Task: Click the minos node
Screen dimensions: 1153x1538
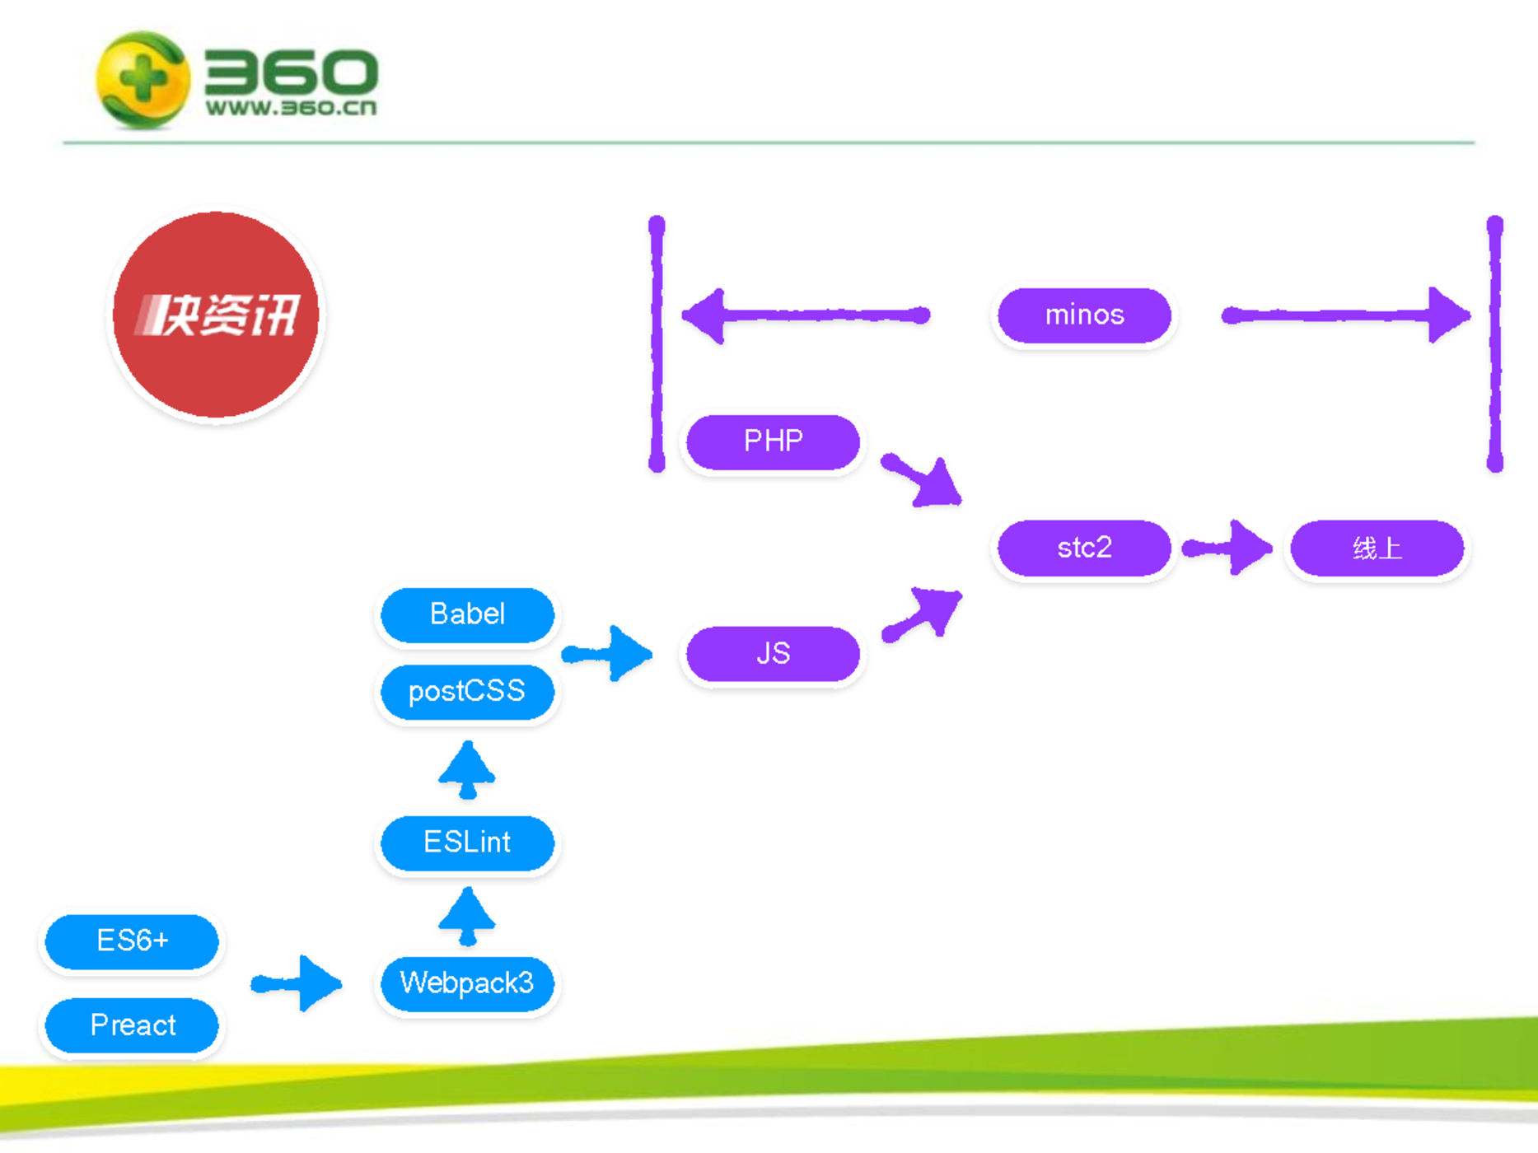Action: (x=1084, y=315)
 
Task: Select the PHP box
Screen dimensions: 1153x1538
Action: (x=773, y=442)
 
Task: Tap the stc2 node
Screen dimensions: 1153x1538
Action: (x=1084, y=548)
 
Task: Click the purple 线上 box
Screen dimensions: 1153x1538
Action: (x=1377, y=548)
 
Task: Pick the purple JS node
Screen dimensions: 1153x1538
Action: (x=773, y=654)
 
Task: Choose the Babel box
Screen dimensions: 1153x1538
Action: (x=467, y=614)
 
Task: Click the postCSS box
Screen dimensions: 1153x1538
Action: (x=467, y=691)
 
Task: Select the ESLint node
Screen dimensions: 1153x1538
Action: (x=467, y=843)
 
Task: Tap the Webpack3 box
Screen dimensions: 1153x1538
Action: (x=467, y=983)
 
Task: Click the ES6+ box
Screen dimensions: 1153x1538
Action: (x=132, y=941)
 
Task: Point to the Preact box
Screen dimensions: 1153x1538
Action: (x=132, y=1025)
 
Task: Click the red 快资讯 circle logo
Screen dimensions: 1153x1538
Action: (x=217, y=315)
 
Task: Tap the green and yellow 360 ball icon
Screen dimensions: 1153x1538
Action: (x=143, y=80)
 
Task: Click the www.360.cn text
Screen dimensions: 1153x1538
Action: (x=291, y=108)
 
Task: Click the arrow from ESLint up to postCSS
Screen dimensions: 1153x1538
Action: (x=467, y=770)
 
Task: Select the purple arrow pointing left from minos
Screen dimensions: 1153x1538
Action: (x=806, y=315)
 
